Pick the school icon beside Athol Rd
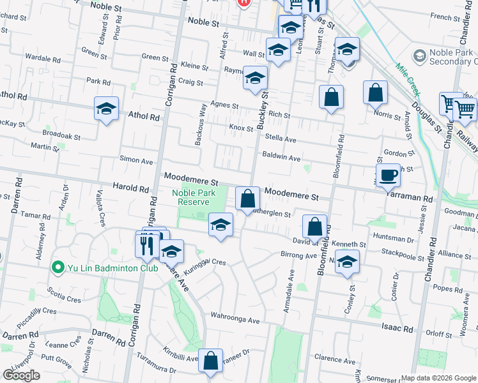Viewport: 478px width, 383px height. pyautogui.click(x=106, y=109)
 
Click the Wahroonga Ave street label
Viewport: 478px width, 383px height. pyautogui.click(x=236, y=319)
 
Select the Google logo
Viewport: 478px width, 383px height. pyautogui.click(x=21, y=375)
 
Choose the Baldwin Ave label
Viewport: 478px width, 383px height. pyautogui.click(x=281, y=158)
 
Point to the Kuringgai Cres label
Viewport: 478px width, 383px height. pyautogui.click(x=205, y=267)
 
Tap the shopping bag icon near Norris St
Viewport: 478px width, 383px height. pyautogui.click(x=375, y=92)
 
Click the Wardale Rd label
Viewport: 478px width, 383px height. pyautogui.click(x=42, y=59)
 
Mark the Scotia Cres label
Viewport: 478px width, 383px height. pyautogui.click(x=64, y=294)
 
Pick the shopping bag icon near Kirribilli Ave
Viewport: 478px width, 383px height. pyautogui.click(x=210, y=361)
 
